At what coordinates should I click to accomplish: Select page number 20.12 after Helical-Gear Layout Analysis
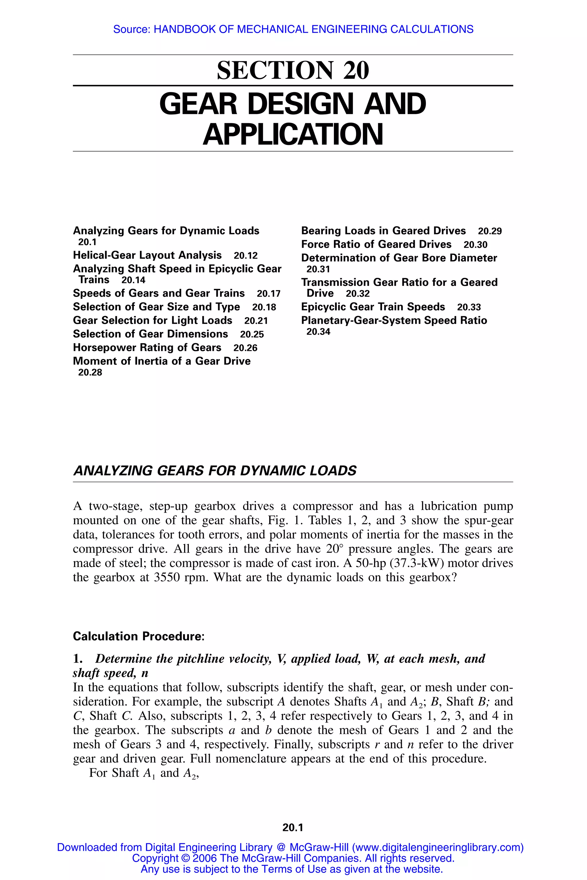(x=246, y=256)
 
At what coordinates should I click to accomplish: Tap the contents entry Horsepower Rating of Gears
(x=147, y=347)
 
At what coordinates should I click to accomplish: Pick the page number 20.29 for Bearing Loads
(x=490, y=231)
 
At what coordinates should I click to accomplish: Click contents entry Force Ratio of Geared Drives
(x=376, y=244)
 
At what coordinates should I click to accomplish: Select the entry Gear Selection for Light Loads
(x=152, y=320)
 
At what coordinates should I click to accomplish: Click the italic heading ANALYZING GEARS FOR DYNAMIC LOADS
(x=215, y=471)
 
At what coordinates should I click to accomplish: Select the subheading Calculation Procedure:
(x=138, y=636)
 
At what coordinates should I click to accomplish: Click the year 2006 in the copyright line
(x=204, y=858)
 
